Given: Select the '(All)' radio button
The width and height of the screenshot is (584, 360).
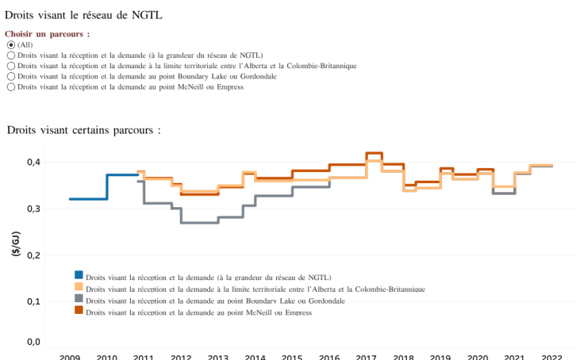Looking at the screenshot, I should (10, 45).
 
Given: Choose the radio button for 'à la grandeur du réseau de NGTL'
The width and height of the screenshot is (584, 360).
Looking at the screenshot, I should (10, 56).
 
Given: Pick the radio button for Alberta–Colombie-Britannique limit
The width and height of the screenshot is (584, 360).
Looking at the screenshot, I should (10, 66).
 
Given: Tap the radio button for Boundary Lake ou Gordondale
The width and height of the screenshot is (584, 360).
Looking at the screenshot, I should (10, 76).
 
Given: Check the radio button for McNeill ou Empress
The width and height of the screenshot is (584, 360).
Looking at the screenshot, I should (10, 86).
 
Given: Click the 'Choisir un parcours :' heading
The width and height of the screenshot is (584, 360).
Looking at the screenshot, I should (47, 35).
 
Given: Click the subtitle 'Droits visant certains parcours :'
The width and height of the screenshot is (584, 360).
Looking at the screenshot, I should (83, 129).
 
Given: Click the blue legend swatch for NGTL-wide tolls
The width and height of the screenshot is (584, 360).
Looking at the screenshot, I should (79, 277).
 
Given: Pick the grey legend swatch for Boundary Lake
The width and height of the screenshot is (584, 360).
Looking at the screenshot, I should (79, 299).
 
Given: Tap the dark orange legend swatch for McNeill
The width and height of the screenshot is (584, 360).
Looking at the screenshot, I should (79, 310).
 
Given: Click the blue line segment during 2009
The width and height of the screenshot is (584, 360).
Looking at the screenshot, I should (87, 199).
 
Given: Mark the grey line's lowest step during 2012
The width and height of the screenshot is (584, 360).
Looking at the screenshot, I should (198, 223).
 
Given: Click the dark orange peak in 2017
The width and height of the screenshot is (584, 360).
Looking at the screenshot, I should (374, 153).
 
